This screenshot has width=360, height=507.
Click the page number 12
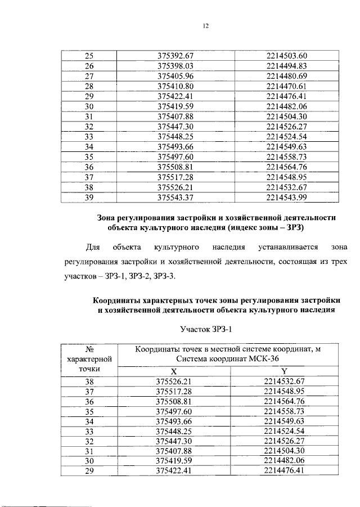206,26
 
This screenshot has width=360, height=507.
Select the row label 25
88,56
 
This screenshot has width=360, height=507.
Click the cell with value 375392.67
175,56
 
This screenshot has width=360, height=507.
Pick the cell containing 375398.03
175,66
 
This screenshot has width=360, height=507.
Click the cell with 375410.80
175,86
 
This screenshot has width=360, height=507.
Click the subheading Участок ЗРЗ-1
206,329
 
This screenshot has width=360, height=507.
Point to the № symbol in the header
88,349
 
